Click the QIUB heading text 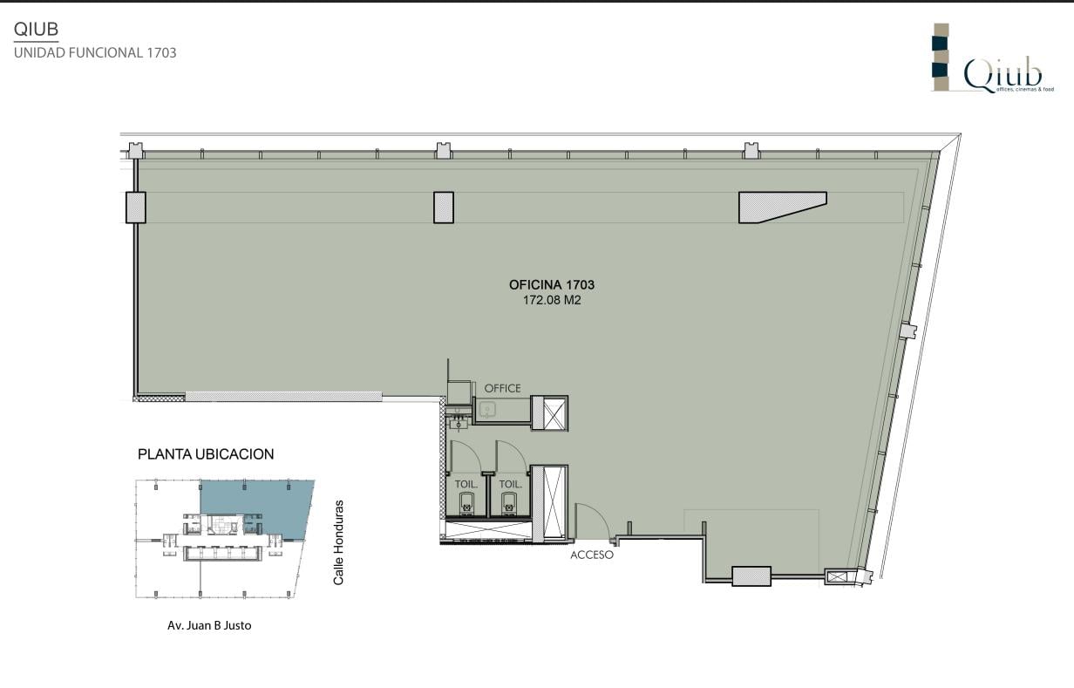click(x=36, y=30)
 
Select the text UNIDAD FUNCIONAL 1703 click(x=95, y=52)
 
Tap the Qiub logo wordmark click(x=1003, y=75)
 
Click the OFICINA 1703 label click(x=551, y=285)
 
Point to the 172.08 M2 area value click(x=551, y=300)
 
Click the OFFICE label click(x=502, y=388)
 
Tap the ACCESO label click(x=592, y=555)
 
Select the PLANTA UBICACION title click(x=206, y=454)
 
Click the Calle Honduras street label click(x=338, y=542)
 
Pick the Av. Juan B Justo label click(x=209, y=625)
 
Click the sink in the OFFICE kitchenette click(x=487, y=409)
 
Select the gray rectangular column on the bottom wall click(x=751, y=576)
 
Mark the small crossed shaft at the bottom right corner click(x=836, y=576)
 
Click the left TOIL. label click(x=466, y=484)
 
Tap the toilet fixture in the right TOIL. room click(x=509, y=504)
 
